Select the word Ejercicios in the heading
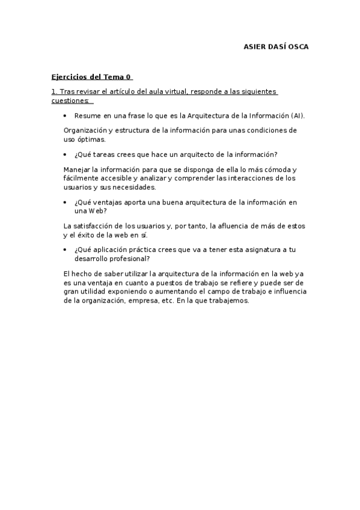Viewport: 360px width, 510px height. (70, 78)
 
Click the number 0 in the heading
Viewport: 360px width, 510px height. (129, 78)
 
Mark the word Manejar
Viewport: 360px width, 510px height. (77, 170)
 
